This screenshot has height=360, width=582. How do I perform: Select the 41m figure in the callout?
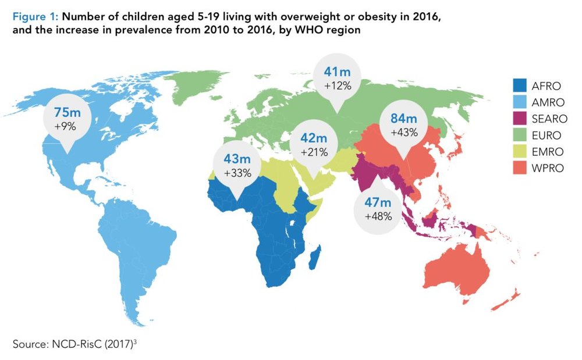tap(336, 73)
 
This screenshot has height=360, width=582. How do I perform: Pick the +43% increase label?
tap(404, 133)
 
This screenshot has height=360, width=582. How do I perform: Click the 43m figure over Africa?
tap(237, 159)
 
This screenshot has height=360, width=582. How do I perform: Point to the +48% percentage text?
tap(378, 216)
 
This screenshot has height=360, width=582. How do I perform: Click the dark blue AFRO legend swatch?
tap(518, 86)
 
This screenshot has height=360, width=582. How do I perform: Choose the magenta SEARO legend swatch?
tap(518, 120)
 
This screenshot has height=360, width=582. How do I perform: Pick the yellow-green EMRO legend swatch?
tap(518, 153)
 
